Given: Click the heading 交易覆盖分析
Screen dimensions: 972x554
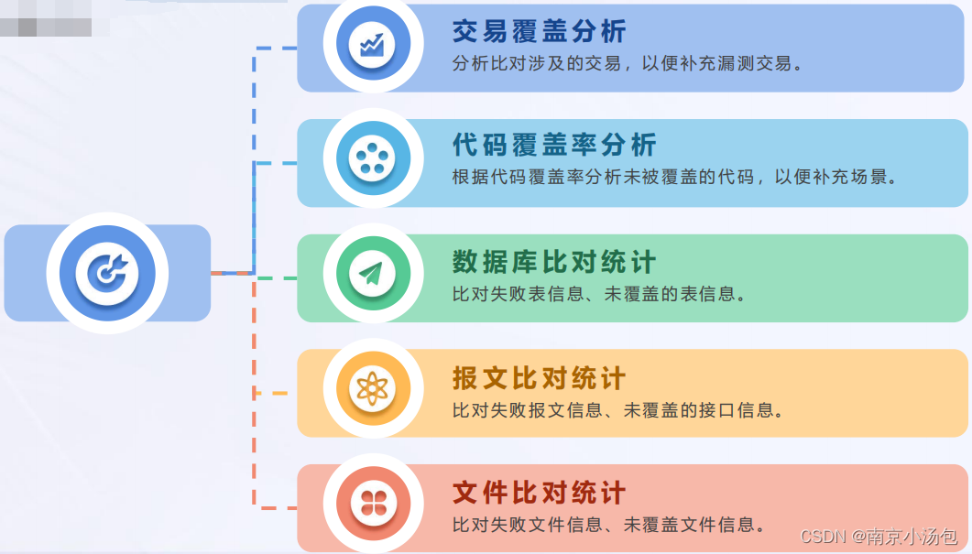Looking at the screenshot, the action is coord(539,32).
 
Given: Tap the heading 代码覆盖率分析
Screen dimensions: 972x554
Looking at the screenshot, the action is coord(554,146).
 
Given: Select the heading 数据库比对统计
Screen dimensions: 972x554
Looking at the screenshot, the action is coord(554,262).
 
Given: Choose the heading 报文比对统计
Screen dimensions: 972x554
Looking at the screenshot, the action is coord(539,378).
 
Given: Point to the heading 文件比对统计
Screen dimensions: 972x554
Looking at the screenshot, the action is coord(539,494).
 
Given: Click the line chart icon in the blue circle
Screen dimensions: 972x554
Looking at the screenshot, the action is coord(373,45).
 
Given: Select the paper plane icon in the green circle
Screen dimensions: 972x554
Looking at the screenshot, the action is coord(373,275).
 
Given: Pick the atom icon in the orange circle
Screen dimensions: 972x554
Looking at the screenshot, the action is coord(373,390).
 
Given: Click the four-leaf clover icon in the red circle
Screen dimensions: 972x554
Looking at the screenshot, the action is coord(373,505).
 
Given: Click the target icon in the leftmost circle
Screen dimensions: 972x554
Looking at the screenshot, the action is coord(107,272).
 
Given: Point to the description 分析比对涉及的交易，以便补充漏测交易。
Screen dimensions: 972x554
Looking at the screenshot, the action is coord(628,65).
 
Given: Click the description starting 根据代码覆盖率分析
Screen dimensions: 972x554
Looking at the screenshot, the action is coord(674,178).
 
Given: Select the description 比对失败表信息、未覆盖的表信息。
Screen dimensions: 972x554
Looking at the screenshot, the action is coord(600,294).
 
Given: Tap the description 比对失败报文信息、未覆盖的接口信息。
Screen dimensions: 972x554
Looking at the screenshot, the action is coord(619,410).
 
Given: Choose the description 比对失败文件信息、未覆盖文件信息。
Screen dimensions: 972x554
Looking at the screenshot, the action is coord(609,526).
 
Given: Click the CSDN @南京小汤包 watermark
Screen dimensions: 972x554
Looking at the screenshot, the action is coord(879,537).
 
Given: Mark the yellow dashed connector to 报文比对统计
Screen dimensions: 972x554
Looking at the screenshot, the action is coord(271,393).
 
